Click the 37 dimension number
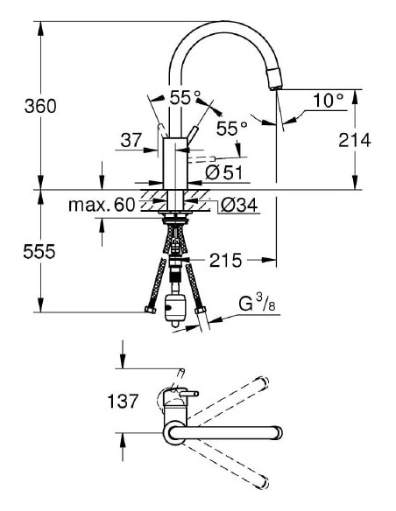coord(132,139)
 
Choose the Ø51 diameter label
coord(228,173)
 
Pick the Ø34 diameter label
coord(237,206)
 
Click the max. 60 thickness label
coord(102,206)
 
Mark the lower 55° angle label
coord(231,129)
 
